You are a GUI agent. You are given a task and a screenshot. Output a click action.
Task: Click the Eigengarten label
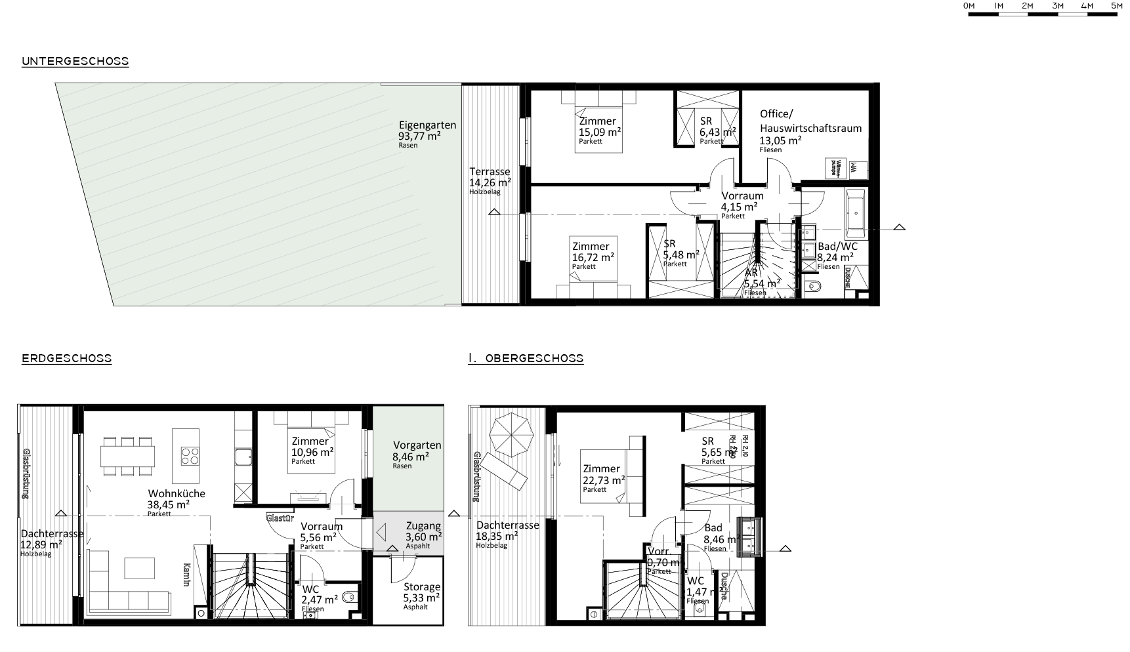tap(427, 125)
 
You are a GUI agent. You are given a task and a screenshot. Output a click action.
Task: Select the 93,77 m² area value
tap(419, 136)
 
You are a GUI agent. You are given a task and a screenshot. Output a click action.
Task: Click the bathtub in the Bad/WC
tap(856, 214)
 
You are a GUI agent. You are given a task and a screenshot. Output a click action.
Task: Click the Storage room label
tap(422, 587)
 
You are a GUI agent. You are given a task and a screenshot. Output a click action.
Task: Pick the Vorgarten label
tap(417, 445)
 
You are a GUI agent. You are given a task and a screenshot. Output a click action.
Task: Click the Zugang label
tap(423, 526)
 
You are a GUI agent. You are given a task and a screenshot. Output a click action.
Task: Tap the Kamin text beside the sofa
tap(186, 577)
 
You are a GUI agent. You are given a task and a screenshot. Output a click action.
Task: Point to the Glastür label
tap(280, 518)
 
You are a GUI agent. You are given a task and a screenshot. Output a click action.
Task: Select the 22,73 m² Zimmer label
tap(601, 468)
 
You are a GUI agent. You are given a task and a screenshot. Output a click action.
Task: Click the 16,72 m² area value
tap(593, 257)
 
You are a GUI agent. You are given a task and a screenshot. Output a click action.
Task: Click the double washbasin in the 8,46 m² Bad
tap(749, 537)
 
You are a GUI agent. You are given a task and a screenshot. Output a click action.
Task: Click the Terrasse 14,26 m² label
tap(490, 172)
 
